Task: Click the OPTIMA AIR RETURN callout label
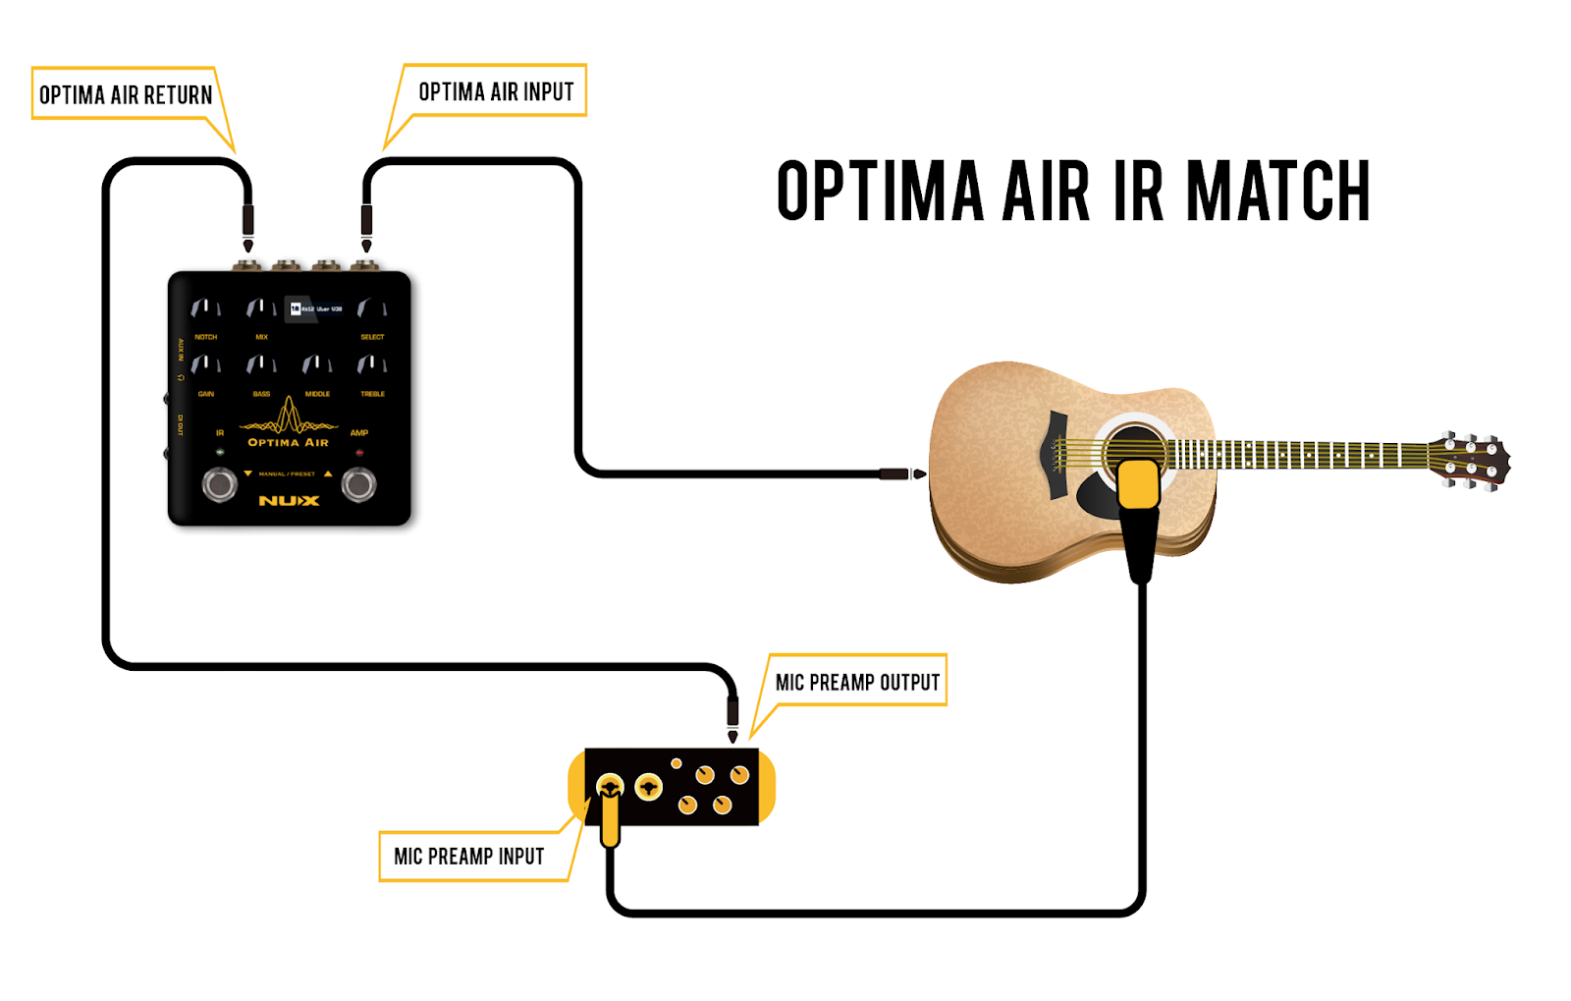coord(125,94)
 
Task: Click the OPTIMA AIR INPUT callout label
coord(495,91)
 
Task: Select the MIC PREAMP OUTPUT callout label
coord(856,682)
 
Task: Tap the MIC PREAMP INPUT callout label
coord(468,856)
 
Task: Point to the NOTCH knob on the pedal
coord(205,309)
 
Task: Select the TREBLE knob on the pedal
coord(372,365)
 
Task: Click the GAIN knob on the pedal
coord(205,365)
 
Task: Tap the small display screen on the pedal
coord(316,308)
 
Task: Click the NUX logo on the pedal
coord(289,501)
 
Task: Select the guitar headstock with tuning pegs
coord(1470,460)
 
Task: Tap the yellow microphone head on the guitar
coord(1139,484)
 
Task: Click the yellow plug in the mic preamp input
coord(610,820)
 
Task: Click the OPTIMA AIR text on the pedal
coord(288,443)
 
